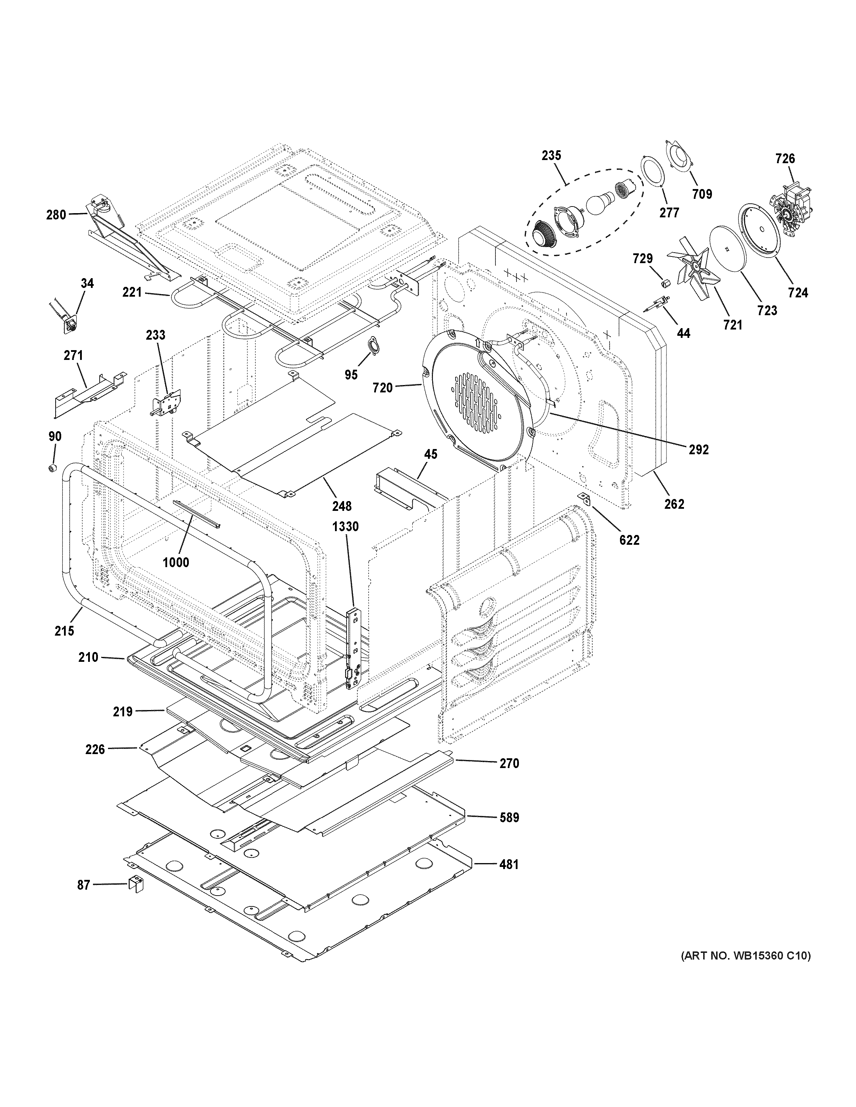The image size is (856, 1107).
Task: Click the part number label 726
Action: (x=785, y=159)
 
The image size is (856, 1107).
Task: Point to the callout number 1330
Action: (x=345, y=527)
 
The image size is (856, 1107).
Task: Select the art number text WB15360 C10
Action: (x=746, y=956)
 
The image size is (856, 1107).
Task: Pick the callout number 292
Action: (x=698, y=449)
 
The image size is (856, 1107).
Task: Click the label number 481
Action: (x=509, y=864)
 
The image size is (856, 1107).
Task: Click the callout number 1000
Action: (x=176, y=562)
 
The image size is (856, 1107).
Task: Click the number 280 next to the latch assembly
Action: (x=56, y=215)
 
